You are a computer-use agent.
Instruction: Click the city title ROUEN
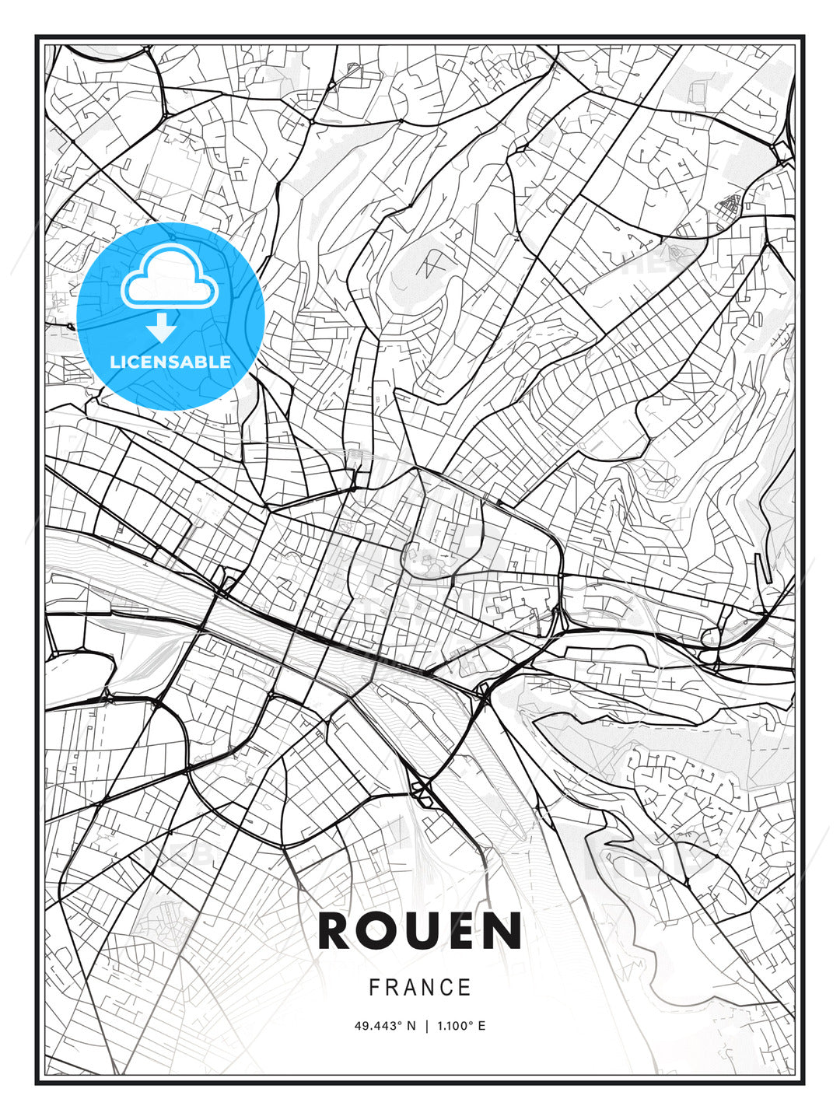pos(419,931)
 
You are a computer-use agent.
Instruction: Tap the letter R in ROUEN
pos(335,931)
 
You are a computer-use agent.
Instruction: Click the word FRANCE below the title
pos(419,988)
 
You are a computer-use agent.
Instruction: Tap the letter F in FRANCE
pos(374,988)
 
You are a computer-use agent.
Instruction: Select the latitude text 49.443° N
pos(385,1026)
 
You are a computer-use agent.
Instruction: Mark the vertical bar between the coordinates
pos(426,1026)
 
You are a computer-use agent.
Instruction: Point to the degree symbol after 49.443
pos(400,1023)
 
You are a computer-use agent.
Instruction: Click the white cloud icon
pos(169,277)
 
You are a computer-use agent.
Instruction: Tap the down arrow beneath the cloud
pos(162,327)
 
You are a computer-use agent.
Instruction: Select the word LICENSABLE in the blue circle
pos(170,362)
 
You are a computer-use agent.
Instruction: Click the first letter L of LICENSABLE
pos(114,362)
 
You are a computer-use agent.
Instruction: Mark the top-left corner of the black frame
pos(37,37)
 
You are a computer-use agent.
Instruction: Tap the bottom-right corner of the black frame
pos(803,1083)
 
